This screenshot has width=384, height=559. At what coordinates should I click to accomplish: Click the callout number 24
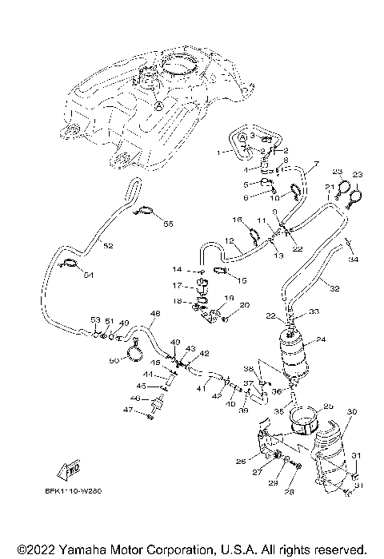click(x=321, y=339)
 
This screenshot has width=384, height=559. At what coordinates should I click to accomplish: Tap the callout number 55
click(x=168, y=224)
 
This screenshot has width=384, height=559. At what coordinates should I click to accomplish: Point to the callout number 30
click(x=351, y=411)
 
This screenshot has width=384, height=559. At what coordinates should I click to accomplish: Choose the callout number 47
click(x=126, y=410)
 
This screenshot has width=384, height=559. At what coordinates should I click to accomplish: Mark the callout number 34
click(x=353, y=259)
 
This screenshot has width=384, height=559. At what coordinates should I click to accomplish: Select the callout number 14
click(x=178, y=270)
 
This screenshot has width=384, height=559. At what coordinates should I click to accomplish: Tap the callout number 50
click(x=114, y=362)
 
